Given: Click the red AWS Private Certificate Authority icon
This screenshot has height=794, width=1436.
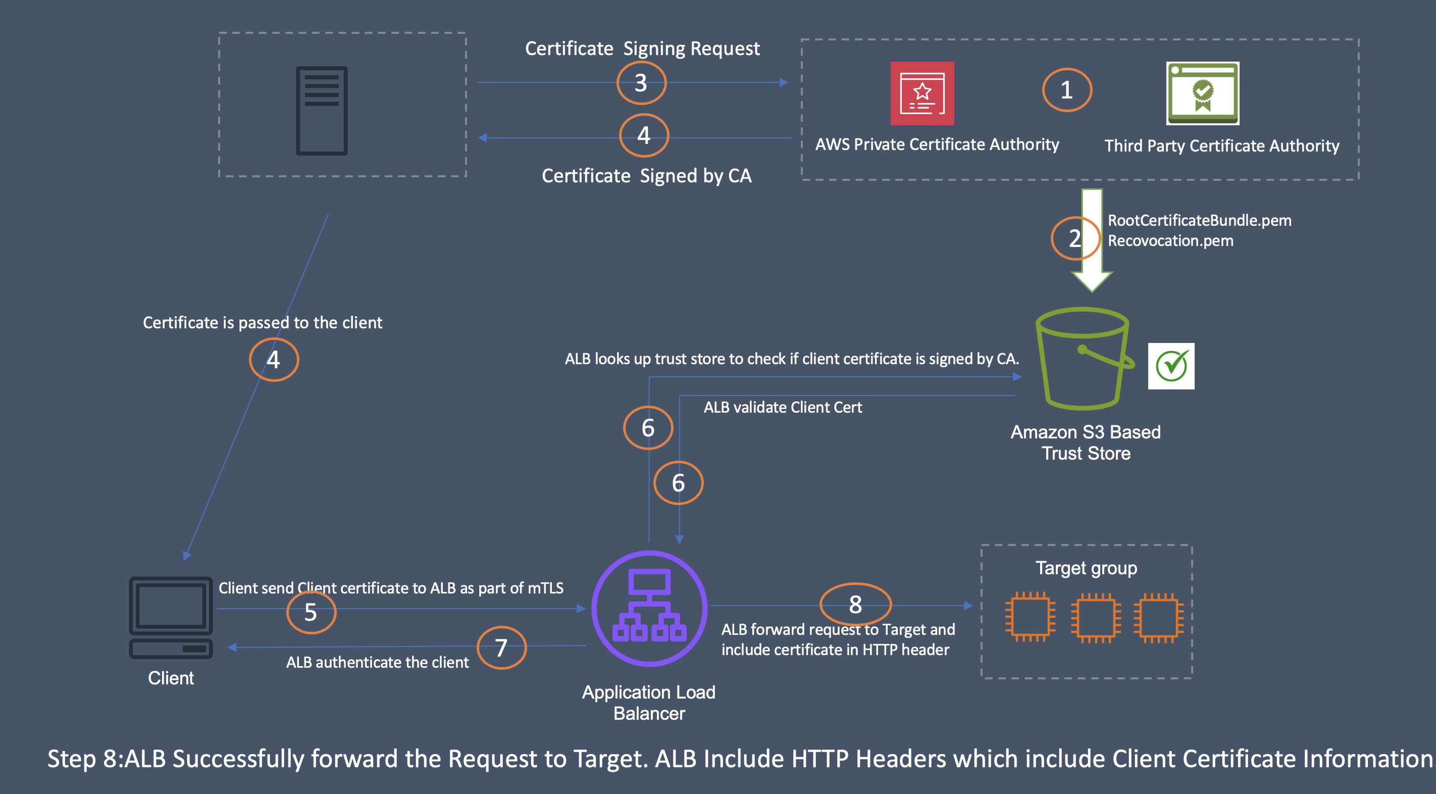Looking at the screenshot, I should pyautogui.click(x=922, y=93).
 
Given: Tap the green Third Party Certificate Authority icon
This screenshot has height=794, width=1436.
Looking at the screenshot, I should pyautogui.click(x=1202, y=93).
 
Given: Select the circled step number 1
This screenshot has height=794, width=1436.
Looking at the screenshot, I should pyautogui.click(x=1066, y=90).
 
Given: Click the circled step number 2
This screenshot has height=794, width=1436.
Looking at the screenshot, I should pyautogui.click(x=1074, y=238).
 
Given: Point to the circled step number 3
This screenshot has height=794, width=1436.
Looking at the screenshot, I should pyautogui.click(x=641, y=83).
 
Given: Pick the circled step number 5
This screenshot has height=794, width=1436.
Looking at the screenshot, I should pyautogui.click(x=311, y=612).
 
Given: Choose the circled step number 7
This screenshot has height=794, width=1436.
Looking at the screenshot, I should pyautogui.click(x=501, y=648).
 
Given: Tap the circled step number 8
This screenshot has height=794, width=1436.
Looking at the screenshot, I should pyautogui.click(x=855, y=604).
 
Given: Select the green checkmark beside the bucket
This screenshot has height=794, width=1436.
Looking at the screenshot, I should pyautogui.click(x=1171, y=366).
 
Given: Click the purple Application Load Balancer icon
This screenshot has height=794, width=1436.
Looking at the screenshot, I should pyautogui.click(x=649, y=608).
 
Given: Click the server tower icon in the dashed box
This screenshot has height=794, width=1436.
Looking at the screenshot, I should pyautogui.click(x=322, y=111).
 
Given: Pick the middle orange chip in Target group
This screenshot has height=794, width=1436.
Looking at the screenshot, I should pyautogui.click(x=1095, y=617).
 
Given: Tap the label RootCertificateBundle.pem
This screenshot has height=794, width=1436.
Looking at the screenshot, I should pyautogui.click(x=1199, y=220).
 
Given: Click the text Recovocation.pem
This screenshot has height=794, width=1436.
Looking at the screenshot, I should pyautogui.click(x=1170, y=241).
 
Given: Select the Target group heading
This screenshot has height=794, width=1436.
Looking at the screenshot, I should pyautogui.click(x=1086, y=568).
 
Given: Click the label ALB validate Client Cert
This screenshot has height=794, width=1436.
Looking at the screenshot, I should pyautogui.click(x=782, y=407).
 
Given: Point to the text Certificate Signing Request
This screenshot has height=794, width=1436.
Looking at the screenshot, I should pyautogui.click(x=642, y=48).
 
